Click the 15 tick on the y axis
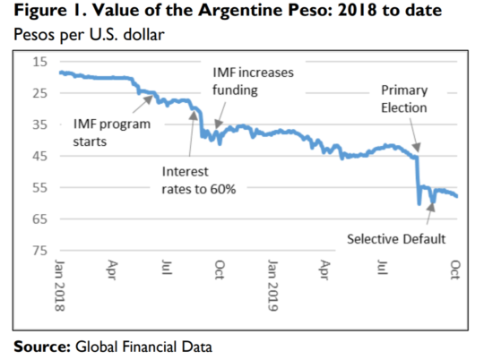point(40,62)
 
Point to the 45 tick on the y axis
point(40,156)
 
